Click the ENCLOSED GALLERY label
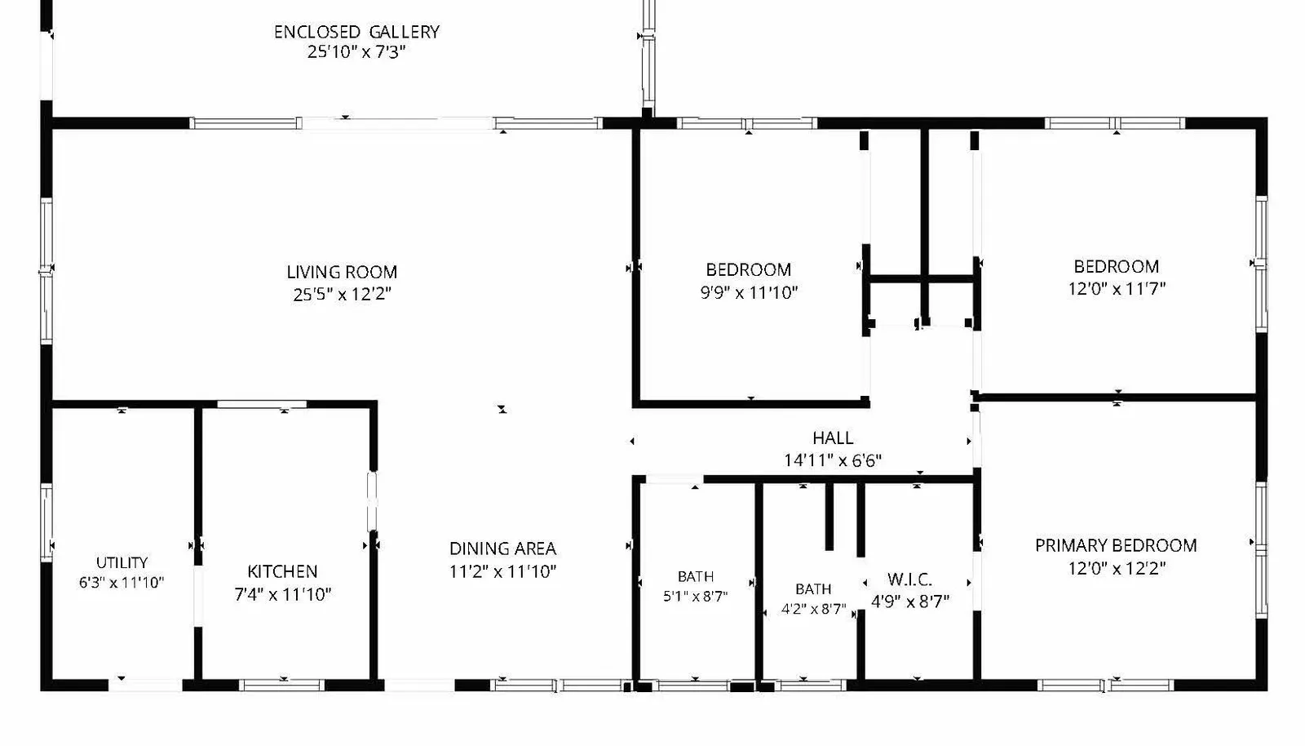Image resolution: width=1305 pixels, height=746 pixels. [x=356, y=32]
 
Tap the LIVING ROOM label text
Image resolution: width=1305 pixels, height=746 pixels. [x=342, y=272]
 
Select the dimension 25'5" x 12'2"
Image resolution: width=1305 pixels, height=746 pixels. [x=342, y=295]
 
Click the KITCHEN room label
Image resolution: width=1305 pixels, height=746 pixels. [x=282, y=571]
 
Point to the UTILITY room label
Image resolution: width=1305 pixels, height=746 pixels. [x=122, y=562]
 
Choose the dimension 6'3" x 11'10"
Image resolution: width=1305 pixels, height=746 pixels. [x=122, y=582]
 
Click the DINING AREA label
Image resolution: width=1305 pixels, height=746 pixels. [x=502, y=548]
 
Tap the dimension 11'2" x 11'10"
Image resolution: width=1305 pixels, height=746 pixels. [x=502, y=571]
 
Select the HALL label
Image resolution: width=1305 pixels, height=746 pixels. [x=833, y=437]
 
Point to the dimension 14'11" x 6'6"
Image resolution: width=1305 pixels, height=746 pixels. [x=833, y=460]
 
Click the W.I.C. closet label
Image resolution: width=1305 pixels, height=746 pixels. [x=910, y=579]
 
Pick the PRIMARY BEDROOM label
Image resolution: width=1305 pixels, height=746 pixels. [x=1117, y=545]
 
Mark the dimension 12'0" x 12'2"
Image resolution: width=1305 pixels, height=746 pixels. [x=1117, y=567]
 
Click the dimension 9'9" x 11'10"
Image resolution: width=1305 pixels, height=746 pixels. [x=749, y=292]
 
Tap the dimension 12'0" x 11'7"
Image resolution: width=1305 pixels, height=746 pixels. [x=1117, y=288]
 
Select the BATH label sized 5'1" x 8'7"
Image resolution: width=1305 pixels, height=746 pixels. [x=696, y=576]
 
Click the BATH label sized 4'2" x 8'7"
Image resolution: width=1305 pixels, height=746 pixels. [x=813, y=589]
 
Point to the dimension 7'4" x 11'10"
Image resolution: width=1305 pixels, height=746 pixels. [x=282, y=594]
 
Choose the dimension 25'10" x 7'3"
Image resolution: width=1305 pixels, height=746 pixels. [x=356, y=52]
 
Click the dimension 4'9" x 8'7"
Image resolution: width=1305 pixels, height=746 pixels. [x=910, y=601]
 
